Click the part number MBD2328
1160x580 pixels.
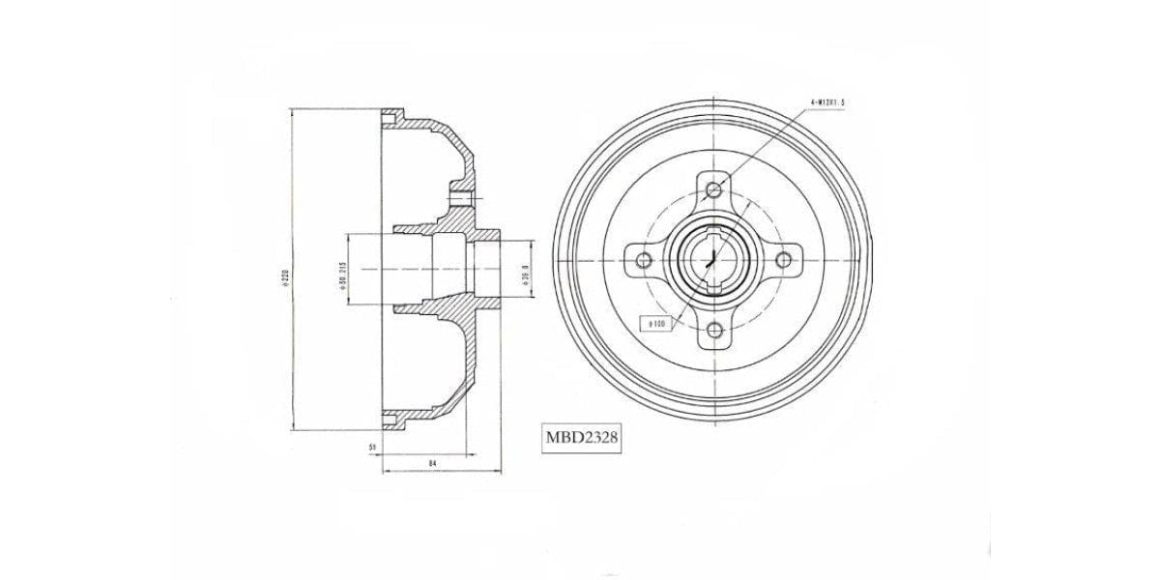[x=581, y=438]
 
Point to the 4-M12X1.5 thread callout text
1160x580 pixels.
[x=832, y=101]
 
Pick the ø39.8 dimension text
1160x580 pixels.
[x=524, y=274]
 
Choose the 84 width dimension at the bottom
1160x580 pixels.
[x=433, y=465]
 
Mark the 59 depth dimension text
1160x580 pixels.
[x=371, y=447]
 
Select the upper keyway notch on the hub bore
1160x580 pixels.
[x=714, y=232]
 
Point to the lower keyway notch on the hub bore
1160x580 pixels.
[x=714, y=287]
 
